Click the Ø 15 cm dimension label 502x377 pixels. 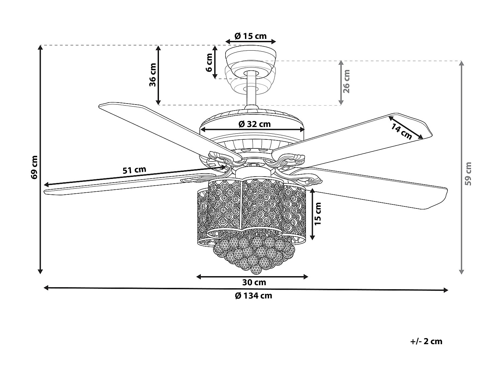(251, 36)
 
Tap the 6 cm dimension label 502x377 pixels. (209, 62)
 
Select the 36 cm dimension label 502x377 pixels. (153, 75)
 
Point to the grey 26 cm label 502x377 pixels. (347, 81)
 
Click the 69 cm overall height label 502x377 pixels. (34, 167)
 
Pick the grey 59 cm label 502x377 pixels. (468, 174)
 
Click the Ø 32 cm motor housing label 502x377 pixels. (254, 124)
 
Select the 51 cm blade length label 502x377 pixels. (134, 170)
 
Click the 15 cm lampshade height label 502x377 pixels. (318, 213)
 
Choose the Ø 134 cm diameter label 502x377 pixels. (253, 296)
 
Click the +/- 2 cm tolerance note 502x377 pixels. (426, 341)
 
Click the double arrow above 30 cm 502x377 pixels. (252, 276)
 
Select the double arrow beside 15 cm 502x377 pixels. (312, 214)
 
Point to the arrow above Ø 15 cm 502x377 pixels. (251, 42)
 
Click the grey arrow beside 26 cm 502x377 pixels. (341, 82)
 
